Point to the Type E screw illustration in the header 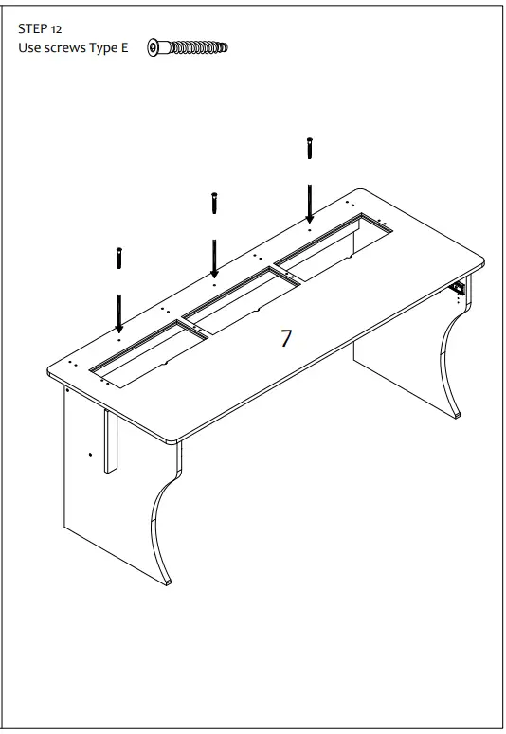pyautogui.click(x=189, y=46)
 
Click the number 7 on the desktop pyautogui.click(x=286, y=339)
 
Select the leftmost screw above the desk pyautogui.click(x=118, y=257)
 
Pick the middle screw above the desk pyautogui.click(x=214, y=203)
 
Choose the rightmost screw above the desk pyautogui.click(x=309, y=149)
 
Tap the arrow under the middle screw pyautogui.click(x=214, y=258)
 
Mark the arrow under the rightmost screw pyautogui.click(x=309, y=203)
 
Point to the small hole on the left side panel pyautogui.click(x=91, y=455)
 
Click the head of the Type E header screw pyautogui.click(x=154, y=46)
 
